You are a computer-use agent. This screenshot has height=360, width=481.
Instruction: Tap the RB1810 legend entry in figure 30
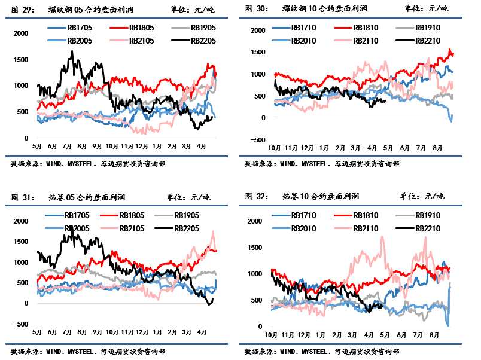364,28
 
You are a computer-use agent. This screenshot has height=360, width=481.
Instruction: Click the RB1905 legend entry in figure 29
203,28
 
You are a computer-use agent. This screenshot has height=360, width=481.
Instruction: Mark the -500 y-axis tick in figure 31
20,324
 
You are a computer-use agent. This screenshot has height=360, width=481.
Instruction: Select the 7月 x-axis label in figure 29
66,146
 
